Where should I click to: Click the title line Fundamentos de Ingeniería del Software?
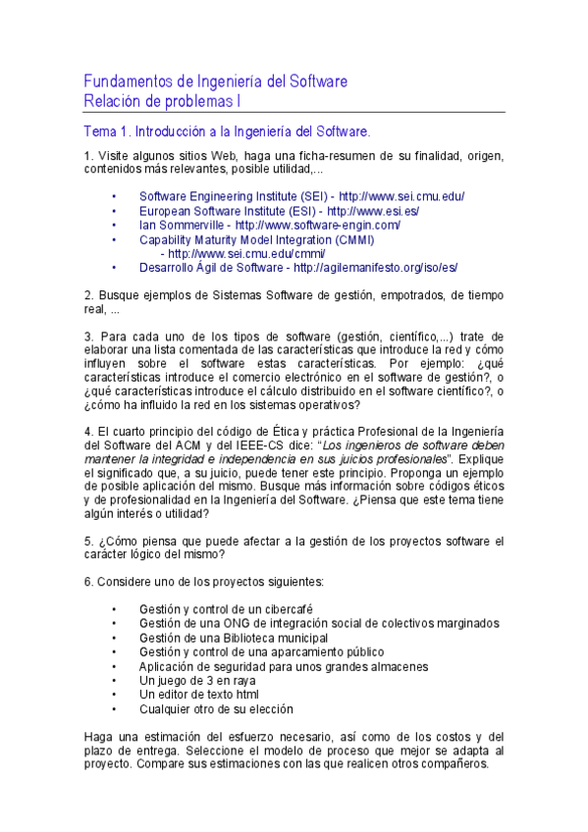(215, 80)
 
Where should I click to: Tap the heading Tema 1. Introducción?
(227, 130)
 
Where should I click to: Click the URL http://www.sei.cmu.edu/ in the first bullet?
(401, 196)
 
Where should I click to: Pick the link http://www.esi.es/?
(373, 211)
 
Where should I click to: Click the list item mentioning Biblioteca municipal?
(233, 638)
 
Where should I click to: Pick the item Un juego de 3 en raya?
(197, 680)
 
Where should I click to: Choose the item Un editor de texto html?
(199, 695)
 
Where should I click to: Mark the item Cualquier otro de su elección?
(216, 708)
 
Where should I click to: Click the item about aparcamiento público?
(261, 651)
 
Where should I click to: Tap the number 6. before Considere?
(88, 581)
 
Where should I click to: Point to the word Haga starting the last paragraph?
(99, 736)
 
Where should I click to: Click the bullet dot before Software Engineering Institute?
(115, 196)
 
